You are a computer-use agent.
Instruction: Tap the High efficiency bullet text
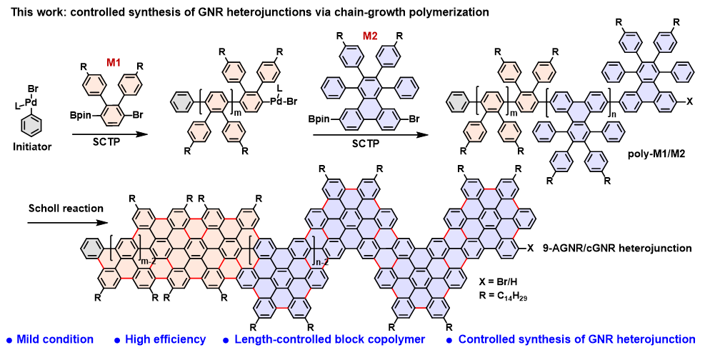166,339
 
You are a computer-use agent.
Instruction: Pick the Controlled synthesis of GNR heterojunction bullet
576,339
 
